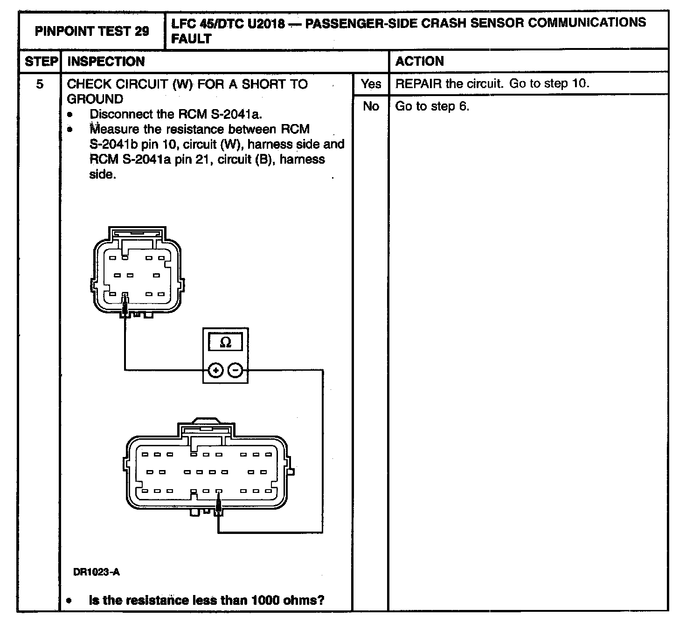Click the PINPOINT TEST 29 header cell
pos(92,31)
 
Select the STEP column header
pos(41,62)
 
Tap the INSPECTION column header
pos(106,62)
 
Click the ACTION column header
pos(419,62)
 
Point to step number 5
pos(40,84)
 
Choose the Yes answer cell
pos(371,84)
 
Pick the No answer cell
pos(371,106)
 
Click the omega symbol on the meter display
pos(225,343)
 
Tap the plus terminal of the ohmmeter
pos(215,371)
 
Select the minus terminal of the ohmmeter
pos(236,371)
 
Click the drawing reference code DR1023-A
pos(97,572)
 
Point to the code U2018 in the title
pos(266,23)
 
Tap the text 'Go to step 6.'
pos(432,106)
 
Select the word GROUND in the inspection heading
pos(95,99)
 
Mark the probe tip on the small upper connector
pos(125,298)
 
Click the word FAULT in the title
pos(191,39)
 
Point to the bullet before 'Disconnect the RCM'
pos(70,115)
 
